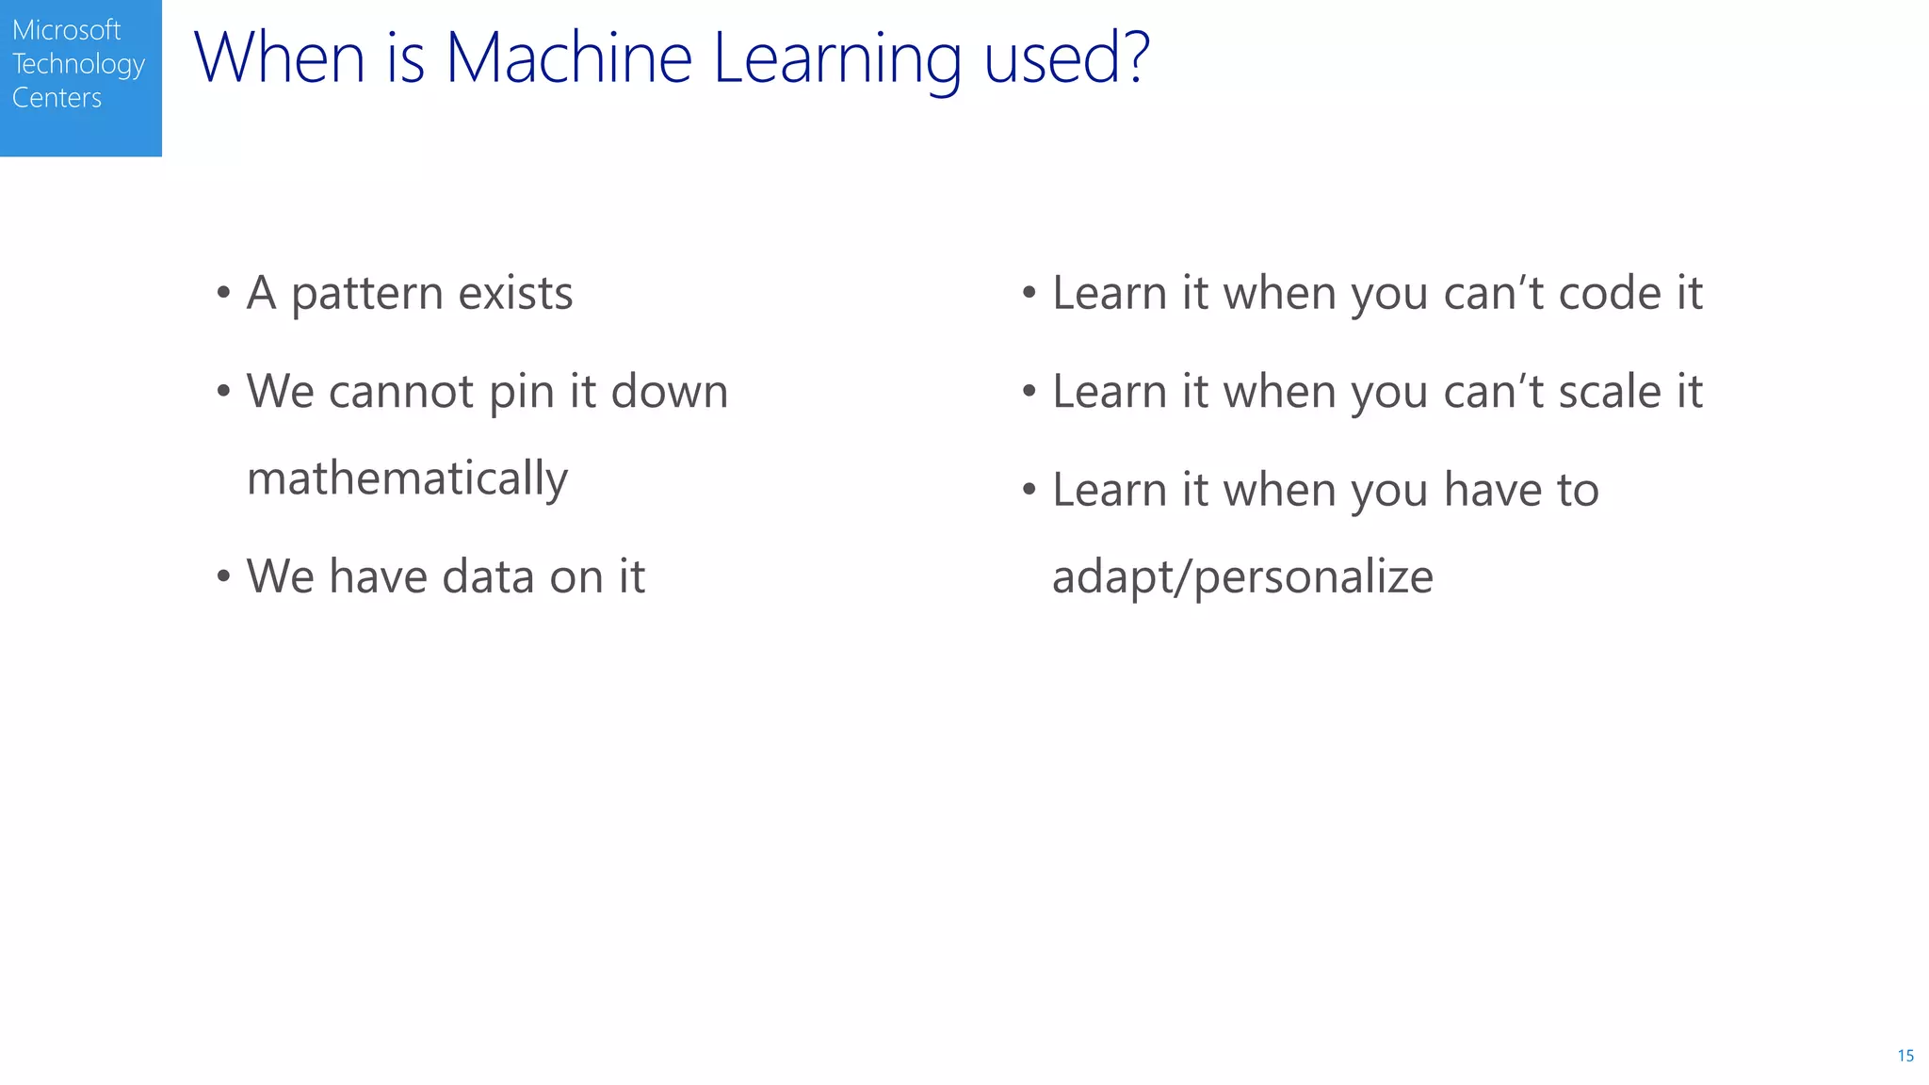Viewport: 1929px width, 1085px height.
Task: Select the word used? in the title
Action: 1066,58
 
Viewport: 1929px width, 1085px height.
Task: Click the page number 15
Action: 1905,1056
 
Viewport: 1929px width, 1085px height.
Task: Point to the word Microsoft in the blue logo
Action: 66,30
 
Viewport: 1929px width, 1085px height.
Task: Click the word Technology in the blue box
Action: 78,65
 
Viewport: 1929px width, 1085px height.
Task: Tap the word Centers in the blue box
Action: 57,98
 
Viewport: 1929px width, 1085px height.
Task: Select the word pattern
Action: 366,295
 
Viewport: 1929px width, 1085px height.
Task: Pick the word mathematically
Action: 407,479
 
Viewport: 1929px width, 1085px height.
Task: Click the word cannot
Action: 400,392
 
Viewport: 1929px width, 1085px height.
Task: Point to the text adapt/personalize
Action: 1242,577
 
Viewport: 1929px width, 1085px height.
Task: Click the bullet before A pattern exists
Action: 223,293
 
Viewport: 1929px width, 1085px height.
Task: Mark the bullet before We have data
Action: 223,576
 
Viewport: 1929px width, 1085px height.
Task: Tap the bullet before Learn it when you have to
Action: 1029,490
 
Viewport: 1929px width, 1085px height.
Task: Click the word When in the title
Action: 280,58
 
